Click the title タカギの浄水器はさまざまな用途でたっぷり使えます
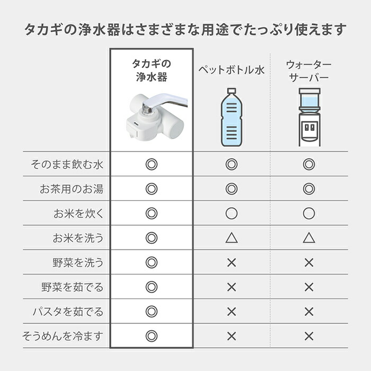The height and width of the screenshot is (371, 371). coord(185,28)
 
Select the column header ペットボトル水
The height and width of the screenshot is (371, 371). coord(231,70)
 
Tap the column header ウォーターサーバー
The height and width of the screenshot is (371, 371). coord(308,71)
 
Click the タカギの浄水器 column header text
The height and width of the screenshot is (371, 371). coord(152,70)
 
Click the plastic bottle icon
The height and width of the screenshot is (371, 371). coord(231,117)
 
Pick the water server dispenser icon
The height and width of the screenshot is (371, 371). coord(309,117)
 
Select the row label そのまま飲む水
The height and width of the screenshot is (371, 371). coord(67,165)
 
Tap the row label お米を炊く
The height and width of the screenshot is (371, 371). coord(78,214)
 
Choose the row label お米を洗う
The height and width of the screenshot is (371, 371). coord(78,238)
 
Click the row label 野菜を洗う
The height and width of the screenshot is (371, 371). coord(78,262)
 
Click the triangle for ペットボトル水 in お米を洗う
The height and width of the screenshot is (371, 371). coord(231,238)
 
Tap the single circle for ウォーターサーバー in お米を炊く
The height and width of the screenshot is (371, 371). coord(309,214)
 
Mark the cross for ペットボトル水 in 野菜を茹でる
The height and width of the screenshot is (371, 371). coord(231,287)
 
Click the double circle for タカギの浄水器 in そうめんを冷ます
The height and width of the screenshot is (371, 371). coord(152,336)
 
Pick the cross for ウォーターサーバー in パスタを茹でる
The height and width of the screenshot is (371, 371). coord(309,312)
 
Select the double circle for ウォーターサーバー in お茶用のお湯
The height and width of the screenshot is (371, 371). coord(309,189)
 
